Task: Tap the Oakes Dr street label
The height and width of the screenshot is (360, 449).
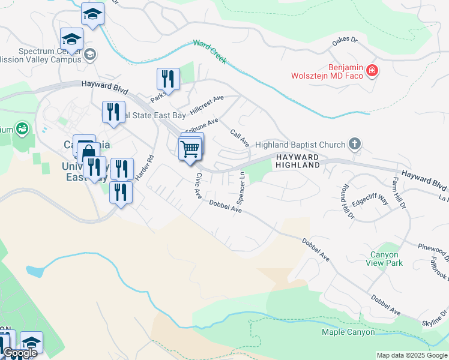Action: pos(345,41)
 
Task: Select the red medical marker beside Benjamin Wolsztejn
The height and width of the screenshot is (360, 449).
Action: pos(372,71)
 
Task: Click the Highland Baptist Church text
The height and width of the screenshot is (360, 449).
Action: pos(300,145)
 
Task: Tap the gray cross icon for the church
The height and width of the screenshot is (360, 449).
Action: pos(355,144)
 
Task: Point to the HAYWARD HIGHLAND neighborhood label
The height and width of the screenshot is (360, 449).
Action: pos(297,160)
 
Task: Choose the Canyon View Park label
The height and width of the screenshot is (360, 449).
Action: pos(385,259)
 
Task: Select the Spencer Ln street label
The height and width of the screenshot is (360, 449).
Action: pos(241,187)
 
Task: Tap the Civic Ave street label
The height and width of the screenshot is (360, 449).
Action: pos(197,186)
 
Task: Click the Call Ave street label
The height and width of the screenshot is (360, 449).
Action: pos(240,137)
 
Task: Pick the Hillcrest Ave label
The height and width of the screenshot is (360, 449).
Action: pos(206,106)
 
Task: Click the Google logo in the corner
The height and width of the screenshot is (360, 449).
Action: pos(19,353)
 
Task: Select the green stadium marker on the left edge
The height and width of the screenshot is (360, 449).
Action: pos(22,128)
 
